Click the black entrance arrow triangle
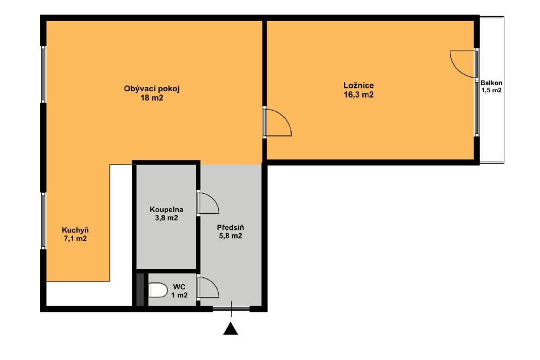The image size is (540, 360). tap(231, 329)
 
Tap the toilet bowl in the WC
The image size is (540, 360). tap(158, 290)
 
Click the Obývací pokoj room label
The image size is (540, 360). tap(152, 89)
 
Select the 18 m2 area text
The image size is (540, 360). tap(152, 98)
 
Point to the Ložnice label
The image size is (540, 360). tap(359, 85)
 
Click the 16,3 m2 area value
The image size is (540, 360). tap(359, 94)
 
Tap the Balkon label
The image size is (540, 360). tap(491, 83)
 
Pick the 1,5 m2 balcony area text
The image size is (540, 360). tap(491, 91)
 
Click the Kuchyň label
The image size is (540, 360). tap(76, 230)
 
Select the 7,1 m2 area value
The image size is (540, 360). tap(76, 239)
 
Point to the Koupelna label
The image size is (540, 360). tap(166, 209)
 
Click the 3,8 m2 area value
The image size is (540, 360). tap(166, 218)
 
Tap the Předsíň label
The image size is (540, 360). tap(231, 227)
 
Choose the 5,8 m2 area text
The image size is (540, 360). tap(231, 236)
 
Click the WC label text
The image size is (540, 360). tap(179, 287)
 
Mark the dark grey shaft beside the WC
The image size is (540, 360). tap(140, 289)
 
